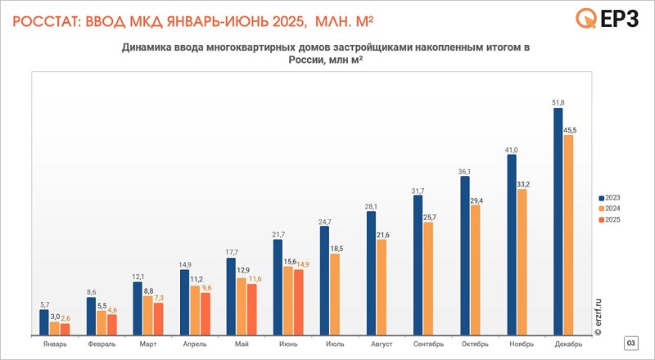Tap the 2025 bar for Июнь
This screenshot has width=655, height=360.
point(298,301)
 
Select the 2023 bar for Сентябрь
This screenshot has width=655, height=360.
point(418,264)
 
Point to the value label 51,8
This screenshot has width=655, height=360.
point(558,101)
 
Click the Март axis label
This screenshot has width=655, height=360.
point(148,344)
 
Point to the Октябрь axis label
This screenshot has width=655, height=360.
point(475,344)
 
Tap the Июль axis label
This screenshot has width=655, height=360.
point(335,344)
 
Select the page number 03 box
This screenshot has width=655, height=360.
point(630,342)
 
